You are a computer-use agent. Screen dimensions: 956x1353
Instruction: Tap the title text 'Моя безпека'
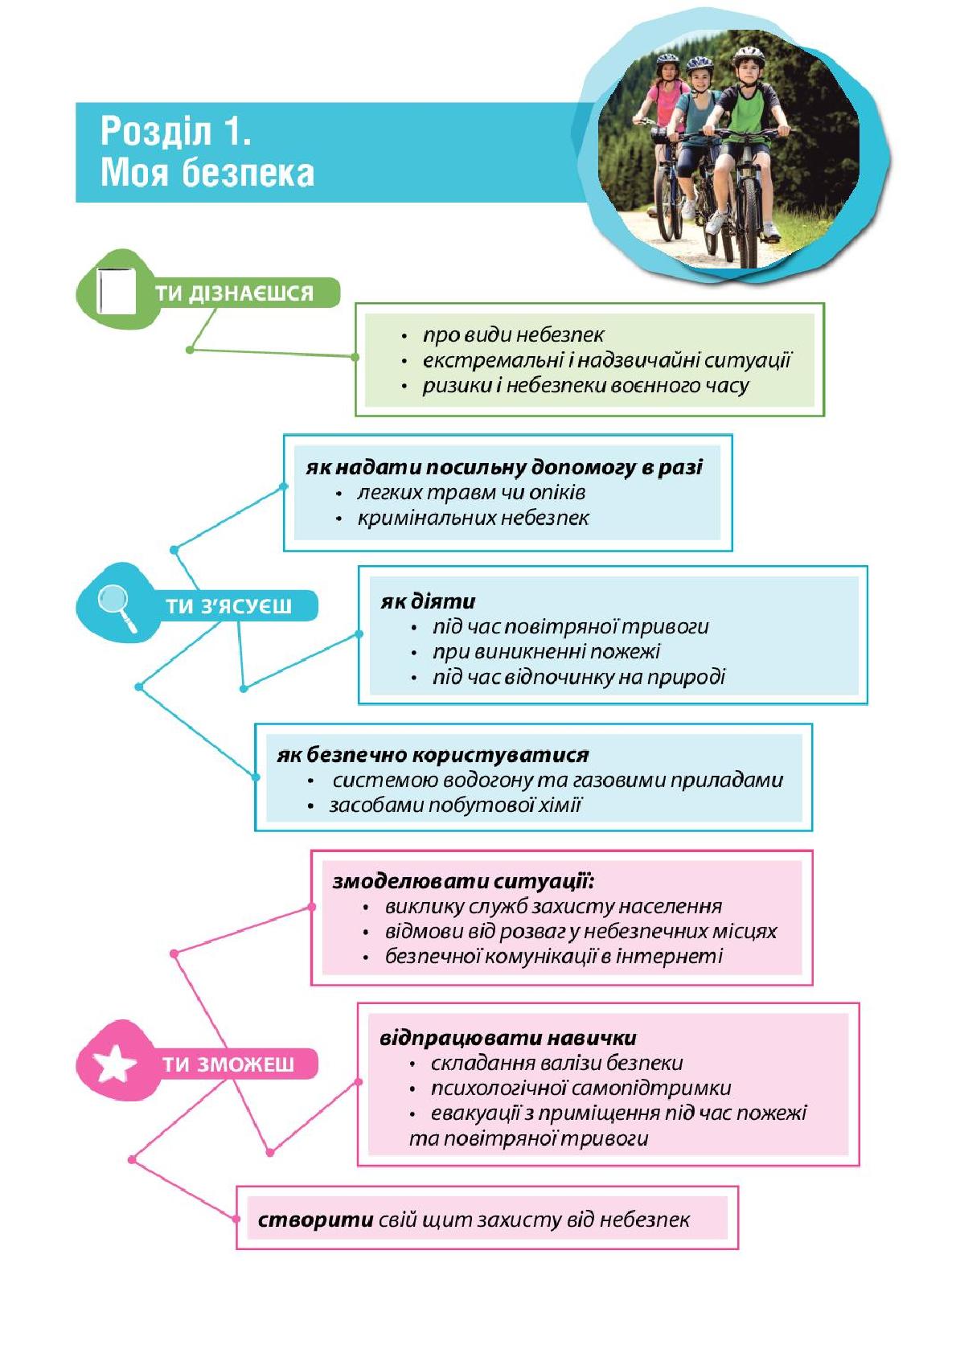[x=207, y=173]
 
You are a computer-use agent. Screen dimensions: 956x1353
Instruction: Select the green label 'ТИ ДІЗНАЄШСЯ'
[x=234, y=293]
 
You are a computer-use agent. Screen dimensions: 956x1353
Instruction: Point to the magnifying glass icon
[x=117, y=608]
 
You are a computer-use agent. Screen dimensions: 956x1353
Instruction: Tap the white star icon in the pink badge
[x=114, y=1064]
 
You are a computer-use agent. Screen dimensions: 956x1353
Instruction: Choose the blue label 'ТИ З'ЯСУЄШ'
[x=229, y=606]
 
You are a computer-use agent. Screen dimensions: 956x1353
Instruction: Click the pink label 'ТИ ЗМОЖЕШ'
[x=228, y=1064]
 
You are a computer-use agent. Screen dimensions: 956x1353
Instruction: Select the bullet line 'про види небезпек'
[x=513, y=334]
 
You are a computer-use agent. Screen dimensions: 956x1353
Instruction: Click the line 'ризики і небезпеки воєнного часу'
[x=586, y=385]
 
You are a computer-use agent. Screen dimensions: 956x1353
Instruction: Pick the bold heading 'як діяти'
[x=429, y=601]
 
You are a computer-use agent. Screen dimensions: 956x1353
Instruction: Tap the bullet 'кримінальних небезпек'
[x=473, y=518]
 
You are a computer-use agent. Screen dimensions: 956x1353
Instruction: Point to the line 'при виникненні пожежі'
[x=547, y=651]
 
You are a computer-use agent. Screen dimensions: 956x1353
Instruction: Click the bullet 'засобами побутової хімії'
[x=455, y=806]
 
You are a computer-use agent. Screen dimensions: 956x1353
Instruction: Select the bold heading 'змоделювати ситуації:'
[x=463, y=881]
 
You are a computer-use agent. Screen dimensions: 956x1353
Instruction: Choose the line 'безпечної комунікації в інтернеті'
[x=554, y=956]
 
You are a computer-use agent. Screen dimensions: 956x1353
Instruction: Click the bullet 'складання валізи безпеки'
[x=557, y=1063]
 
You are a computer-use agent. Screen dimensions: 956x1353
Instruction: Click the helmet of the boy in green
[x=749, y=56]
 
